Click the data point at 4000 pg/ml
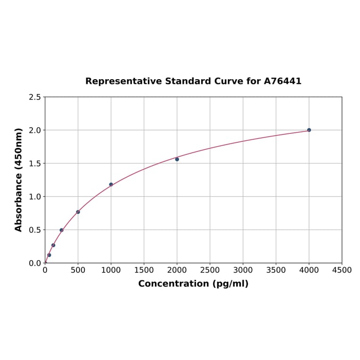click(309, 130)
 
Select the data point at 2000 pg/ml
click(177, 159)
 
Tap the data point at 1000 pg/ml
click(111, 184)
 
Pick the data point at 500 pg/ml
click(78, 212)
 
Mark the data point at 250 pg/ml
click(61, 230)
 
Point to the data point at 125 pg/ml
click(53, 245)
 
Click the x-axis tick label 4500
click(342, 270)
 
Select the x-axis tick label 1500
click(144, 270)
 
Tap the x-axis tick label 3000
click(243, 270)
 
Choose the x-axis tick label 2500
click(210, 270)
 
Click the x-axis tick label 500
click(78, 270)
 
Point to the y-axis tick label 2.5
click(35, 97)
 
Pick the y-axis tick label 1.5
click(35, 164)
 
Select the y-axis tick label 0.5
click(35, 230)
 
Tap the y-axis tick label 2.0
click(35, 130)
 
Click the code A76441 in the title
click(282, 81)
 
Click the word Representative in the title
click(123, 81)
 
